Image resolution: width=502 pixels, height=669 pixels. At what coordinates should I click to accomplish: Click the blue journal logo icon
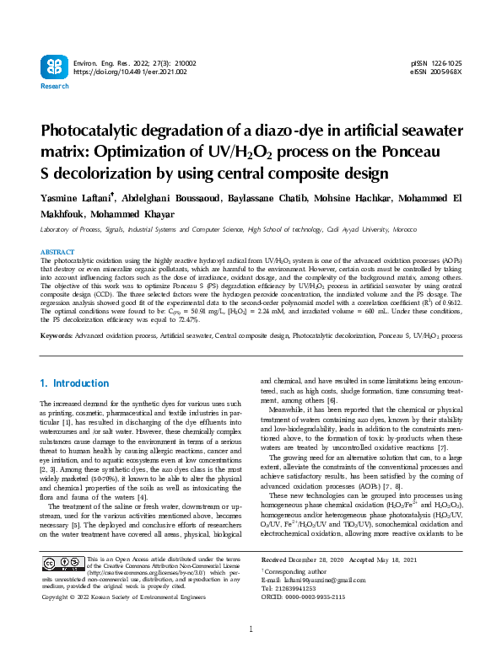coord(52,67)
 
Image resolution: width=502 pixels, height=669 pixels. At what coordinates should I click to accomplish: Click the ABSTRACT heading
coord(57,253)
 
